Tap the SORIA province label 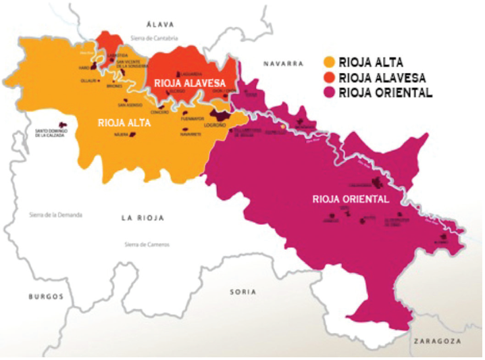click(243, 292)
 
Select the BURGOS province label click(45, 297)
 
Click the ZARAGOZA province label click(438, 342)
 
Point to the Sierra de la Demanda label click(55, 215)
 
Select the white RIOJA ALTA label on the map click(124, 123)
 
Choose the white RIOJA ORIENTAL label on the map click(351, 199)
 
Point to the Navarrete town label click(191, 134)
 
